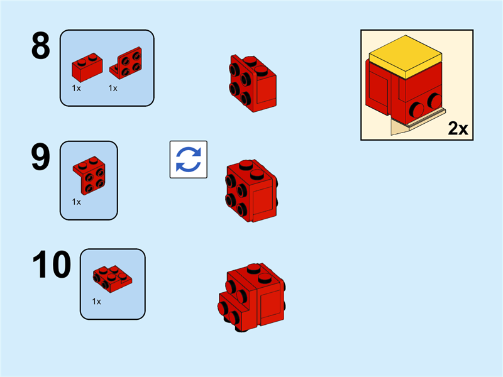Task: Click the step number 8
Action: (41, 46)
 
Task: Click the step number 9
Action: (41, 157)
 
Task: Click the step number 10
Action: (52, 265)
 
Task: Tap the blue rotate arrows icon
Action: (188, 160)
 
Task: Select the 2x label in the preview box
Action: (458, 129)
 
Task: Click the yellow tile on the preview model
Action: (406, 57)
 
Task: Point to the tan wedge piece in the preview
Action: (399, 127)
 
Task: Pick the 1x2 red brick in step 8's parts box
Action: (87, 67)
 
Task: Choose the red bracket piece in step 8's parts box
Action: (126, 63)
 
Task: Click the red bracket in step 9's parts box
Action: (89, 175)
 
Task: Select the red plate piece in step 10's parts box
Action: (113, 279)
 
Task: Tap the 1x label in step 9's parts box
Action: (76, 202)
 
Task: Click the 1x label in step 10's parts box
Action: (97, 302)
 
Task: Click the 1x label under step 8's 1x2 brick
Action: (76, 88)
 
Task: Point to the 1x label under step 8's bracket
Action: (113, 88)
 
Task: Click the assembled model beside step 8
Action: (253, 84)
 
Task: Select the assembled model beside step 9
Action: (251, 191)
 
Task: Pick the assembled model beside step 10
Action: (251, 297)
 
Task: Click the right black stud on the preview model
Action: (435, 101)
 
